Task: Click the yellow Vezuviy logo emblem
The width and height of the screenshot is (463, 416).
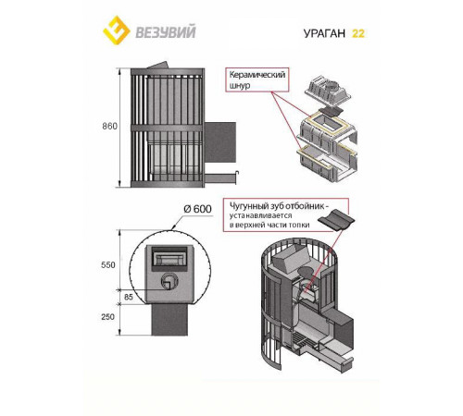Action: (117, 31)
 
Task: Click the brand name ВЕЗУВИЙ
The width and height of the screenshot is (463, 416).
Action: (166, 32)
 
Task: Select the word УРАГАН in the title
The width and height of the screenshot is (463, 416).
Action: (324, 33)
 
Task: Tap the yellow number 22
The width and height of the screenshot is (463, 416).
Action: (358, 33)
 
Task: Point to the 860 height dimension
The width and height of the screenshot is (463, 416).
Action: (110, 127)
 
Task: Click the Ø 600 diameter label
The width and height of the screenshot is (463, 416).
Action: (197, 209)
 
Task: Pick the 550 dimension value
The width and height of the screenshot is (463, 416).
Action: (108, 265)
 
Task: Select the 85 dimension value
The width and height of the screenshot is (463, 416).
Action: (129, 297)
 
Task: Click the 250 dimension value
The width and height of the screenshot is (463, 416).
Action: (108, 317)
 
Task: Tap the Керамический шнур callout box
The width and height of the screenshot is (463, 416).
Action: (257, 80)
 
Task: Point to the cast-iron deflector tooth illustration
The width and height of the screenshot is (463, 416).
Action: (336, 219)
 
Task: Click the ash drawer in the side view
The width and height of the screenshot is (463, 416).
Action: (221, 177)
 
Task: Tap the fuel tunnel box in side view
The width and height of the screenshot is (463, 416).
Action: (220, 142)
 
